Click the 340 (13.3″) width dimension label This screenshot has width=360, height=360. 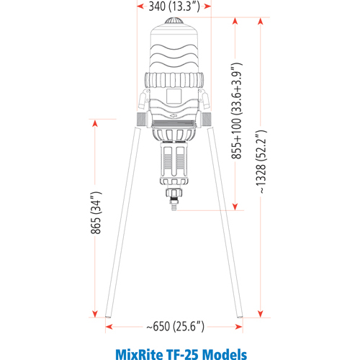pos(174,6)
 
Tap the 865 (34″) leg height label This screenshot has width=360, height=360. pos(96,212)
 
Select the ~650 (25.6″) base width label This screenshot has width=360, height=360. pos(175,326)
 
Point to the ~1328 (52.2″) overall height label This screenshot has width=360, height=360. pos(261,162)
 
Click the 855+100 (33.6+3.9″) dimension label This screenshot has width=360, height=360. pos(237,111)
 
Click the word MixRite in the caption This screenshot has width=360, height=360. pos(138,354)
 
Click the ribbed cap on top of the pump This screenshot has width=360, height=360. pos(174,21)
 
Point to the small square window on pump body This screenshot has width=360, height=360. pos(174,96)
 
